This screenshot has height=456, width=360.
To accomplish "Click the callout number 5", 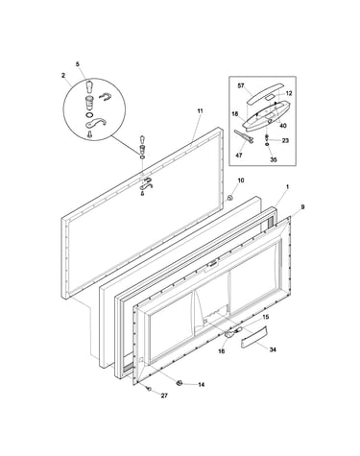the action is pyautogui.click(x=78, y=64).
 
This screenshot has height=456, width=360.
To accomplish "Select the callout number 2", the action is pyautogui.click(x=63, y=76).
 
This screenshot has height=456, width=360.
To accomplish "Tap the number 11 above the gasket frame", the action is pyautogui.click(x=200, y=111).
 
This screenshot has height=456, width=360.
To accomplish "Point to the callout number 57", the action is pyautogui.click(x=241, y=85).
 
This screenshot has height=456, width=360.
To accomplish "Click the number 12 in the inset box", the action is pyautogui.click(x=289, y=93).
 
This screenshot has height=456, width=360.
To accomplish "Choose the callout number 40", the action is pyautogui.click(x=283, y=126).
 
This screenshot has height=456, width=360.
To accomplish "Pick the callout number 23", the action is pyautogui.click(x=285, y=140).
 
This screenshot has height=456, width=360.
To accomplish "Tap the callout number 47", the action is pyautogui.click(x=239, y=156).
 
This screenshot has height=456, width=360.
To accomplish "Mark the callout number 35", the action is pyautogui.click(x=273, y=160).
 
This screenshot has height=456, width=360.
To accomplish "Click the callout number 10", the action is pyautogui.click(x=241, y=180).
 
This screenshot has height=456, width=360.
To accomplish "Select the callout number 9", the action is pyautogui.click(x=302, y=207).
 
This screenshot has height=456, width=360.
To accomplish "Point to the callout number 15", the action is pyautogui.click(x=266, y=317).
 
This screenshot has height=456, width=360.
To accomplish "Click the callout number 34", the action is pyautogui.click(x=273, y=349).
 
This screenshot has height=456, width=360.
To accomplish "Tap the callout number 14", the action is pyautogui.click(x=201, y=385).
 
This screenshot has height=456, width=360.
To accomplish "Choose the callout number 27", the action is pyautogui.click(x=164, y=396).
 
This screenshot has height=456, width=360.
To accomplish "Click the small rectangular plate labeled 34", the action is pyautogui.click(x=253, y=337).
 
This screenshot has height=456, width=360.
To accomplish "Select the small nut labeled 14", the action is pyautogui.click(x=180, y=382).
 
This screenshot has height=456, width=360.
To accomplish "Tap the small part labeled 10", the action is pyautogui.click(x=229, y=198).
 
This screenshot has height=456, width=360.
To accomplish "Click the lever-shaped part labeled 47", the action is pyautogui.click(x=244, y=136).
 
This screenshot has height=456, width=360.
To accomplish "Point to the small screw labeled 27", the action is pyautogui.click(x=148, y=388).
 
